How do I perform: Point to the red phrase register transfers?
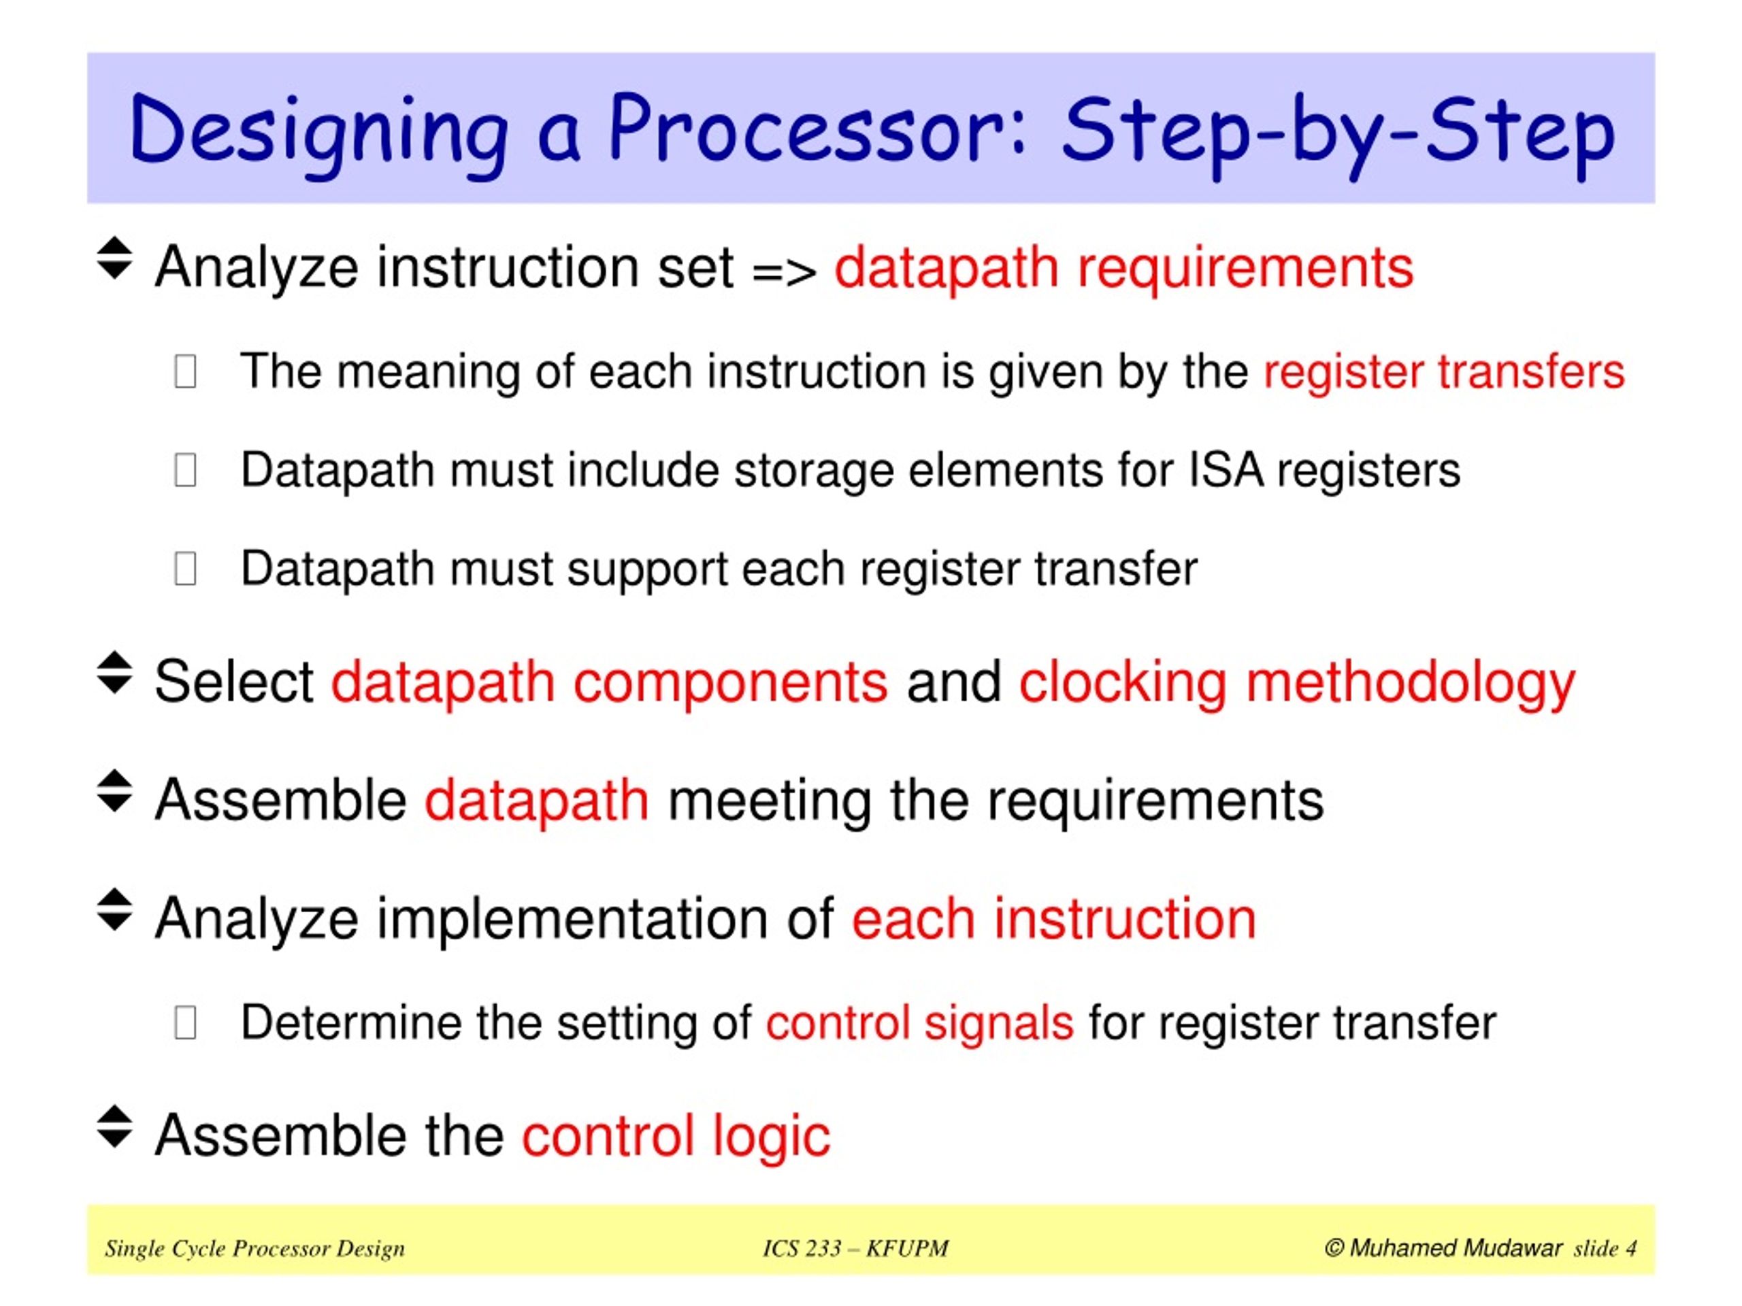coord(1443,371)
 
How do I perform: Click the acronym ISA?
coord(1226,470)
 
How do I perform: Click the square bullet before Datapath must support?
coord(185,569)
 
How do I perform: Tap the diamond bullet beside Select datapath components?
coord(114,673)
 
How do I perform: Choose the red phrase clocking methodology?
coord(1296,682)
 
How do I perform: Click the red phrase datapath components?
coord(609,682)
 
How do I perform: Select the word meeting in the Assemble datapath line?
coord(770,801)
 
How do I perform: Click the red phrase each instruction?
coord(1053,919)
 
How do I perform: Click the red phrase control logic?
coord(676,1135)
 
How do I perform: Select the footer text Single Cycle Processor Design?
coord(254,1249)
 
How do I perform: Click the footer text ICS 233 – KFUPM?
coord(855,1249)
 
